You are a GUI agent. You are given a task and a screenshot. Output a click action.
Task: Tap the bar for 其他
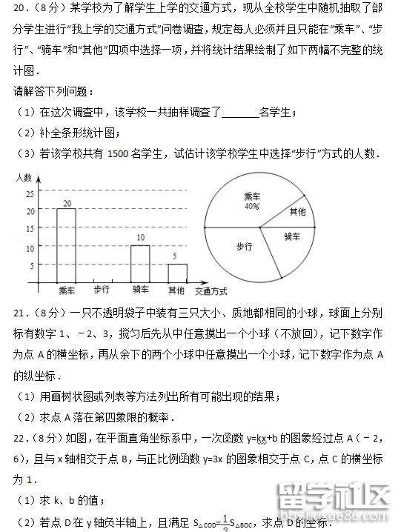[176, 273]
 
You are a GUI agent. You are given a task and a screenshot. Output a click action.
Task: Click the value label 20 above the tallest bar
[67, 202]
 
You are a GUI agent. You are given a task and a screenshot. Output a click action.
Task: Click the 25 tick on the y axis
[30, 194]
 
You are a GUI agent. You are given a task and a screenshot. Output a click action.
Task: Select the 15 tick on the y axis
[30, 230]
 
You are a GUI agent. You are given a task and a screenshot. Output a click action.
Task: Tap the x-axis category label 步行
[102, 290]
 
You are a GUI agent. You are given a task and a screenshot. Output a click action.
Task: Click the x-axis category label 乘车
[67, 290]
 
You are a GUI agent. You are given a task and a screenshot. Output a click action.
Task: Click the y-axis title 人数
[23, 178]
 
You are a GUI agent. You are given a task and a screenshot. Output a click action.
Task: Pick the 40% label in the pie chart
[252, 207]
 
